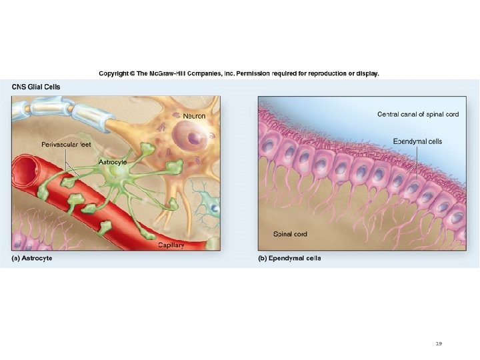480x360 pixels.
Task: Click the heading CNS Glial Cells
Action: pyautogui.click(x=36, y=86)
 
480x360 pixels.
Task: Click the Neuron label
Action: pyautogui.click(x=194, y=117)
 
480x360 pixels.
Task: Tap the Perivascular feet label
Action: pyautogui.click(x=65, y=144)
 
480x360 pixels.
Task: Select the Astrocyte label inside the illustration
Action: pyautogui.click(x=113, y=162)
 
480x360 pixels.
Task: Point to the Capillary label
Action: pyautogui.click(x=171, y=245)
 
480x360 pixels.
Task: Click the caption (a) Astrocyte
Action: pyautogui.click(x=31, y=258)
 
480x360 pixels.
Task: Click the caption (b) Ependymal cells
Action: pyautogui.click(x=289, y=258)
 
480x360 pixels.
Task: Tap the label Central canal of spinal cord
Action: pyautogui.click(x=417, y=115)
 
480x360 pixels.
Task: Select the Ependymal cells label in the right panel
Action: pyautogui.click(x=417, y=141)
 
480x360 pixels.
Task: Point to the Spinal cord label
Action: pyautogui.click(x=290, y=234)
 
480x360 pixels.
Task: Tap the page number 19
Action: pyautogui.click(x=438, y=343)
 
